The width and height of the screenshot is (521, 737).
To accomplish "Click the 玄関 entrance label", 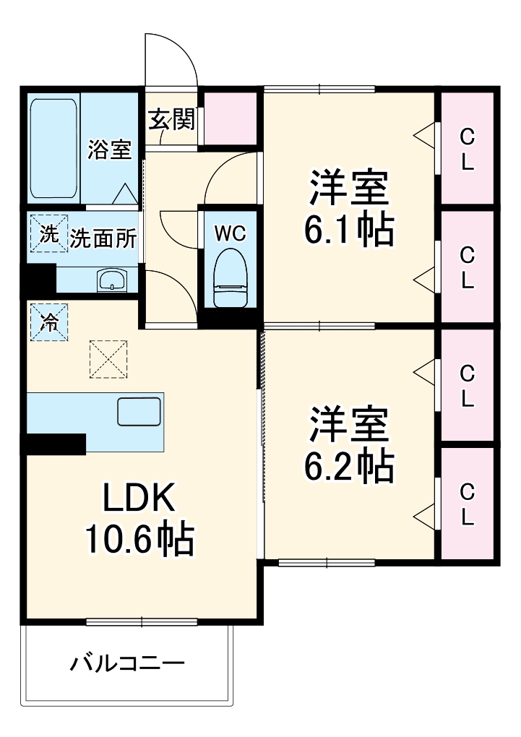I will (172, 120).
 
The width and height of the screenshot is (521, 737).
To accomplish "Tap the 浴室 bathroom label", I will (110, 150).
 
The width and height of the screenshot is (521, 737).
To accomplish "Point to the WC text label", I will (231, 233).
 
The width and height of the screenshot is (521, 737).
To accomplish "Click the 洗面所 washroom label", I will (103, 238).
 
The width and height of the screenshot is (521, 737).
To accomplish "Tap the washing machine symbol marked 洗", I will (48, 234).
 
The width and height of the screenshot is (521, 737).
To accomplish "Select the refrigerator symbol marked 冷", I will (49, 322).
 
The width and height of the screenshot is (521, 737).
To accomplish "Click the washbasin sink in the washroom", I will (111, 279).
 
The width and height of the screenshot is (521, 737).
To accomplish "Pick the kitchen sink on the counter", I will (140, 413).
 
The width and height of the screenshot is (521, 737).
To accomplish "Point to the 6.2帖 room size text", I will (349, 467).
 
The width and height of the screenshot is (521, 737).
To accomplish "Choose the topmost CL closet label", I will (468, 149).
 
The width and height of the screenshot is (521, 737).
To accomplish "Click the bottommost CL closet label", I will (468, 504).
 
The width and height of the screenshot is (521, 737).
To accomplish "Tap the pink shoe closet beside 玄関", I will (229, 117).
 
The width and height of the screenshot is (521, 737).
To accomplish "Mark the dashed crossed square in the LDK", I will (107, 358).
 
